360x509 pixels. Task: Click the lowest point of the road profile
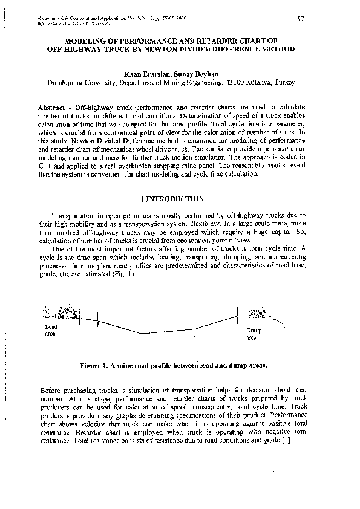coord(142,334)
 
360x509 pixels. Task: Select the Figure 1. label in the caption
coord(97,366)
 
